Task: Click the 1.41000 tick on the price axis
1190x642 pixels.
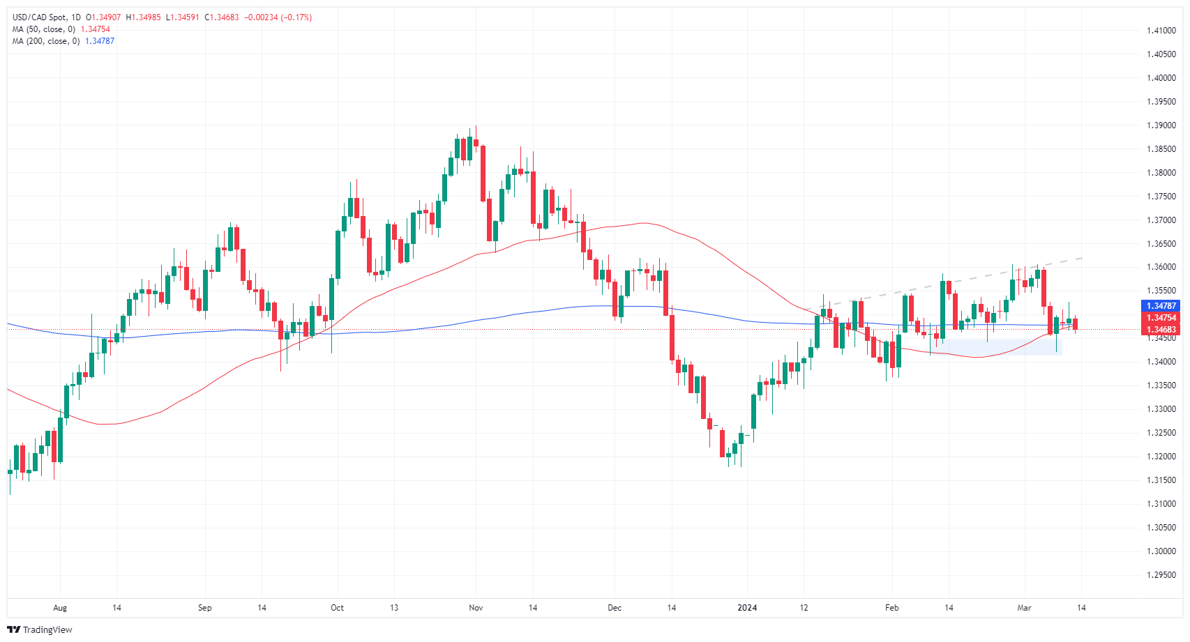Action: click(x=1161, y=31)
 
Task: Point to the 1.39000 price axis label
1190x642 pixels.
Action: click(x=1161, y=125)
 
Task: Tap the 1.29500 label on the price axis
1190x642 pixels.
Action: click(x=1161, y=575)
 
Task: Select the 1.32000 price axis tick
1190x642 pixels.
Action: click(x=1161, y=457)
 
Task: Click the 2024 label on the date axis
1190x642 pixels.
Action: click(x=747, y=608)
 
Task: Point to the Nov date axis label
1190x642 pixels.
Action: click(x=476, y=608)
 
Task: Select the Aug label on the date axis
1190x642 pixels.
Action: click(x=60, y=608)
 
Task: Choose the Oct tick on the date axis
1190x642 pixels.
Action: click(x=337, y=608)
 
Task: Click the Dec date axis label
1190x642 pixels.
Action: click(x=615, y=608)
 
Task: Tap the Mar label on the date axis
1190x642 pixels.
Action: click(x=1024, y=608)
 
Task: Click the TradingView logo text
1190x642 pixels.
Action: click(x=47, y=630)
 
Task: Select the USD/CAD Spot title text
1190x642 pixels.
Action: click(x=41, y=17)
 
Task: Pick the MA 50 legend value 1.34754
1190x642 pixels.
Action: click(x=96, y=29)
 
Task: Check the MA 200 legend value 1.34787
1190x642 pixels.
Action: click(x=100, y=41)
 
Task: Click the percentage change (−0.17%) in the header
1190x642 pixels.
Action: click(x=296, y=17)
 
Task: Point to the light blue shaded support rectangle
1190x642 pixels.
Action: click(x=997, y=347)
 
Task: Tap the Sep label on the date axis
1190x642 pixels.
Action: click(x=204, y=608)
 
